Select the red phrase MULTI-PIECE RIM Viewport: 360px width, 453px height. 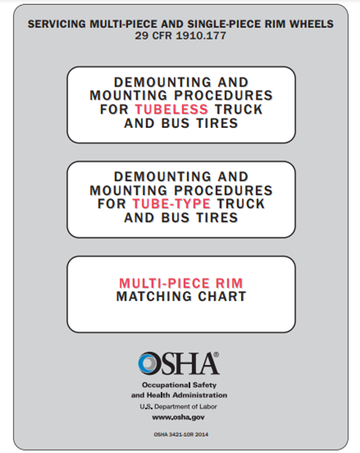click(x=181, y=283)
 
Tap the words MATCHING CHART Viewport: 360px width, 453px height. click(x=180, y=296)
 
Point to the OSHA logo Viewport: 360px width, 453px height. click(x=179, y=362)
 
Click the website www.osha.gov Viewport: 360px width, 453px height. click(x=180, y=417)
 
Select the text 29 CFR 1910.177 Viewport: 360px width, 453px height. click(x=180, y=36)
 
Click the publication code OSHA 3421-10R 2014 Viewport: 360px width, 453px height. click(x=180, y=434)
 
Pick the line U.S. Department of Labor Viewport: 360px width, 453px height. click(x=180, y=405)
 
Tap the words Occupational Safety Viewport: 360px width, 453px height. click(x=180, y=384)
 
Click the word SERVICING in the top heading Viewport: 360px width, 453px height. click(x=59, y=25)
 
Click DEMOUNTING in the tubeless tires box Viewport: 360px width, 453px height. click(x=149, y=83)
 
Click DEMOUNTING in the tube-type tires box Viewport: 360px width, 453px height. click(x=149, y=176)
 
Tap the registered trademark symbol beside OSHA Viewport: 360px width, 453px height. click(x=216, y=354)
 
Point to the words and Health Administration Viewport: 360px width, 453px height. click(x=180, y=395)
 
